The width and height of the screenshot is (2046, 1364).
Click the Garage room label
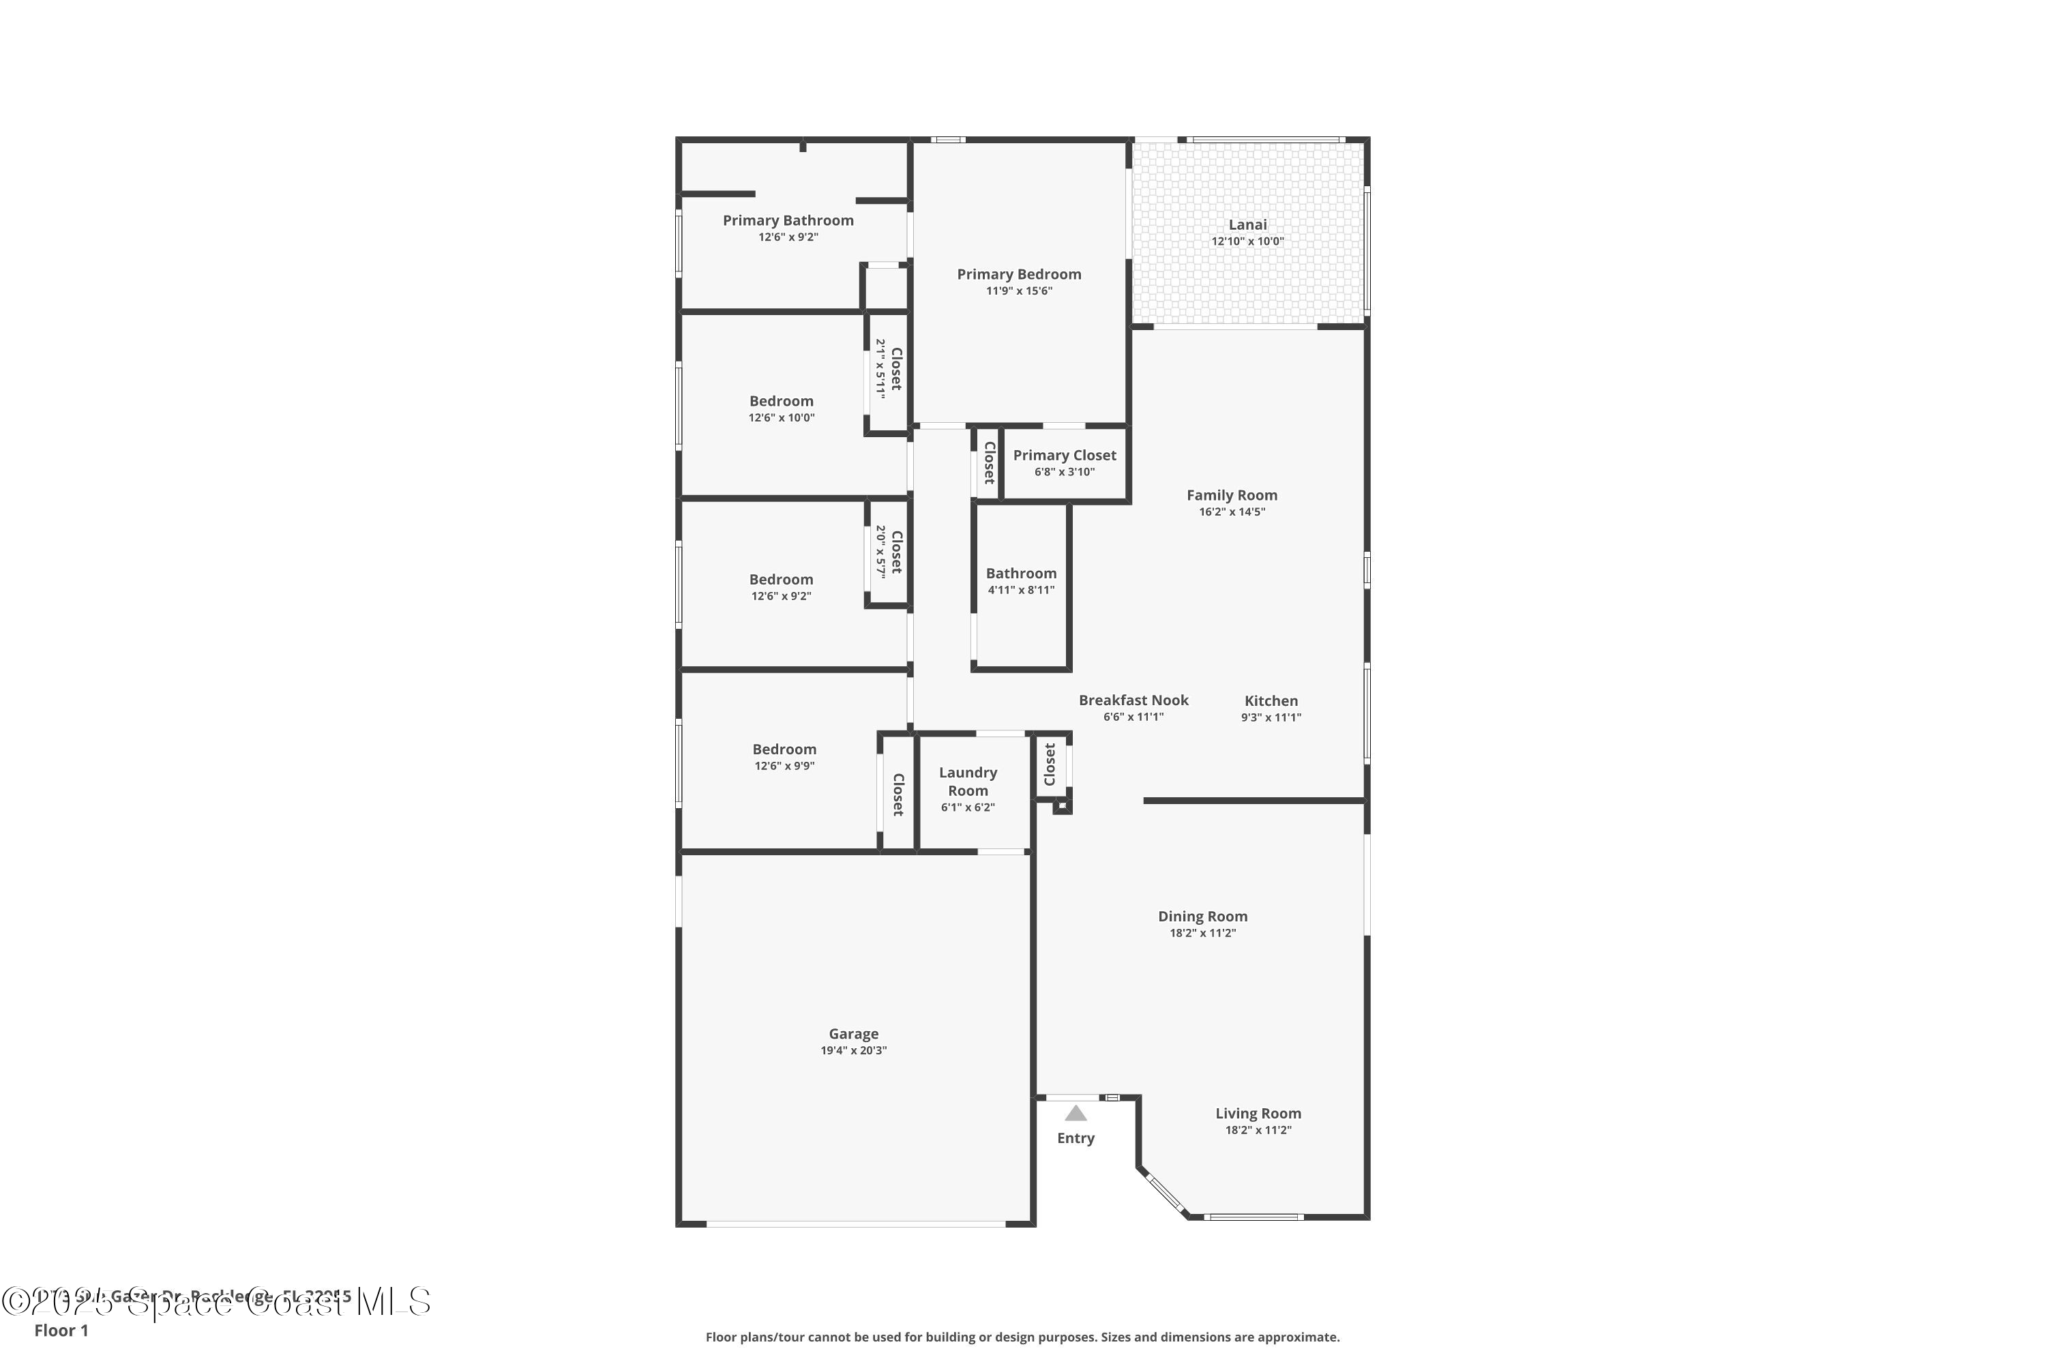(x=853, y=1033)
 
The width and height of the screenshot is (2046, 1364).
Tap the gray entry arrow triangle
(x=1076, y=1114)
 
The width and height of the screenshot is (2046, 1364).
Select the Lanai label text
(x=1247, y=224)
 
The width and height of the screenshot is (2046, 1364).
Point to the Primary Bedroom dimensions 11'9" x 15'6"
(x=1019, y=291)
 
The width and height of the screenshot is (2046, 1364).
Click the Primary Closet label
(x=1064, y=455)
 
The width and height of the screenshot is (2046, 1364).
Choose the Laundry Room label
(x=967, y=781)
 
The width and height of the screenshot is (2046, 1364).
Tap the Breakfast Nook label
(x=1133, y=700)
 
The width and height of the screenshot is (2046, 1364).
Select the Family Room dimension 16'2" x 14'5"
(x=1231, y=512)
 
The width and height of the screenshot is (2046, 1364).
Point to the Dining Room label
(x=1202, y=916)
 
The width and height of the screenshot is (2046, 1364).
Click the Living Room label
(x=1258, y=1114)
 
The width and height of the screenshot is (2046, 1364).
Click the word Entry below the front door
(x=1076, y=1138)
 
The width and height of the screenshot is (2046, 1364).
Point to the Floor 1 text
(x=61, y=1330)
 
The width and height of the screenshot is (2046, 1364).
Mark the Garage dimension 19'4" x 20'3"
(x=853, y=1051)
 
